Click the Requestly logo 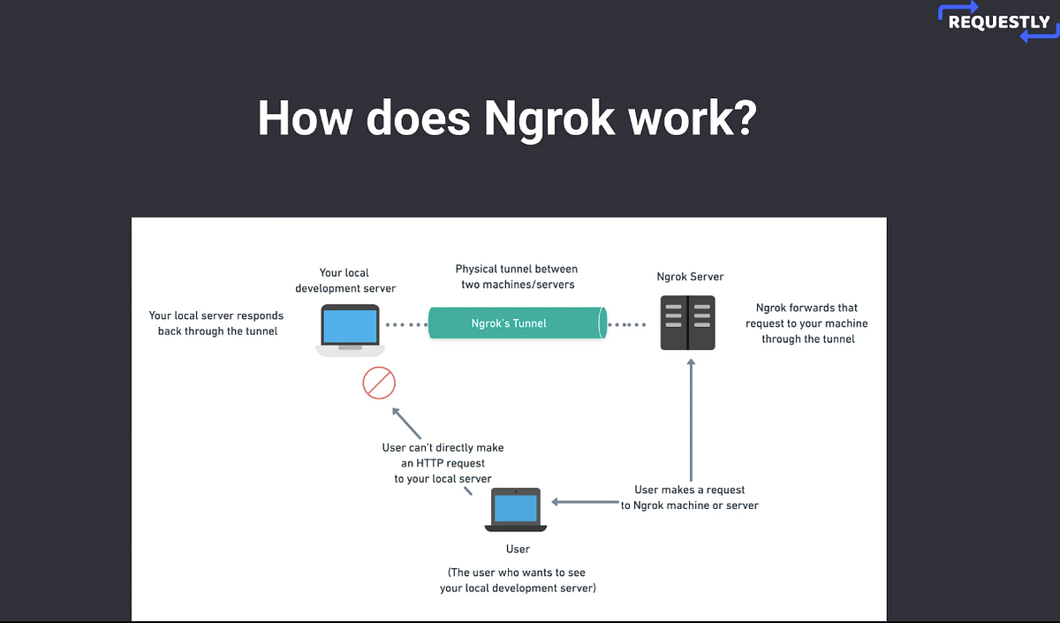pyautogui.click(x=998, y=23)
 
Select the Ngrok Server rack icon pyautogui.click(x=687, y=323)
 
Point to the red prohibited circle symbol pyautogui.click(x=379, y=384)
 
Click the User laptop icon pyautogui.click(x=517, y=511)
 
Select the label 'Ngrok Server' pyautogui.click(x=690, y=277)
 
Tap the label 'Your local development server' pyautogui.click(x=345, y=280)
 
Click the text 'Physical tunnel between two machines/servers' pyautogui.click(x=517, y=276)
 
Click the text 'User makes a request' pyautogui.click(x=690, y=490)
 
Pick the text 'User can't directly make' pyautogui.click(x=443, y=447)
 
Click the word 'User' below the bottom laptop pyautogui.click(x=518, y=549)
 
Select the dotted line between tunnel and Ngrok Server pyautogui.click(x=631, y=324)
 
